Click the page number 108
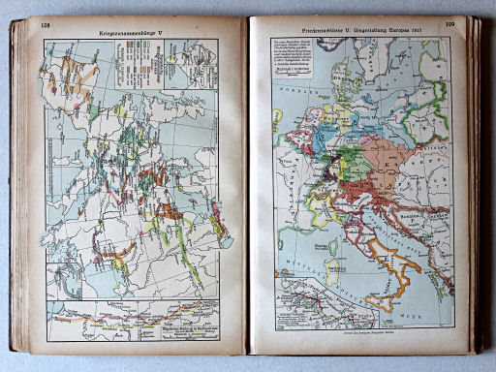pos(45,24)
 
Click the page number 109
pos(449,24)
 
